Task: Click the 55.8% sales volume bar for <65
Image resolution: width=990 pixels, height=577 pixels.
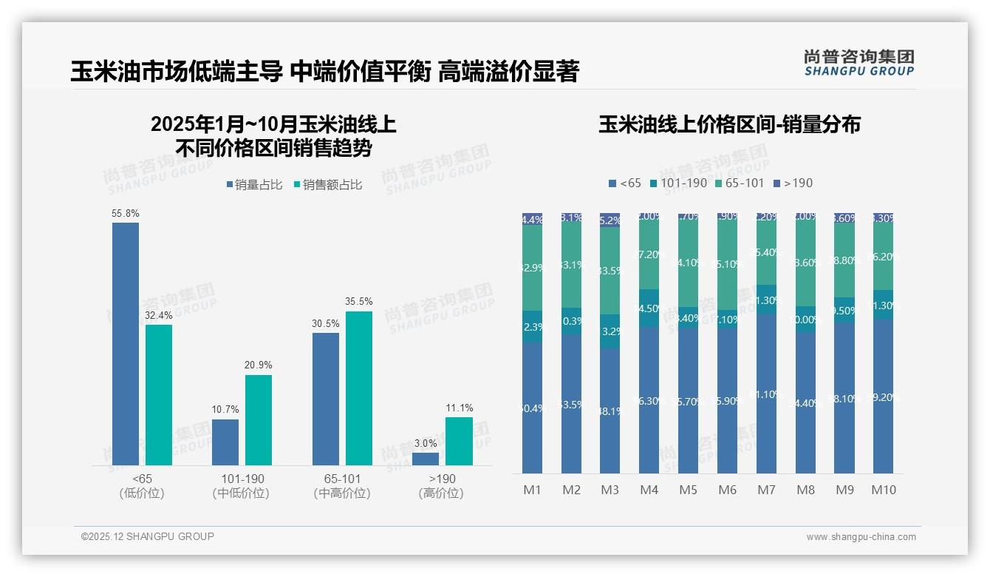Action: (x=126, y=343)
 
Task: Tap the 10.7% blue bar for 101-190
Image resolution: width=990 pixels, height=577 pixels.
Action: (x=225, y=442)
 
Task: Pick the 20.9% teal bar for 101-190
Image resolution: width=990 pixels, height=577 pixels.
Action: (x=259, y=419)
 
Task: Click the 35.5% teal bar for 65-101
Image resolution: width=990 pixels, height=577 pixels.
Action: (x=359, y=388)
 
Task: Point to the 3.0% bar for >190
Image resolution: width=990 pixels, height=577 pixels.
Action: (x=426, y=459)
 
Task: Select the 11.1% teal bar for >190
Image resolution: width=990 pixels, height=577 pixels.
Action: (x=459, y=441)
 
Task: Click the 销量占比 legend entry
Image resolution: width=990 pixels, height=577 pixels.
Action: (x=254, y=185)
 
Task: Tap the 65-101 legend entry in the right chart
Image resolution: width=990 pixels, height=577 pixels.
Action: (x=739, y=183)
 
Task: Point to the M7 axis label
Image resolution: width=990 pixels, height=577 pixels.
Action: (x=767, y=490)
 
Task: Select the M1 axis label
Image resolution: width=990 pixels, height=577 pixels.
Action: (x=533, y=490)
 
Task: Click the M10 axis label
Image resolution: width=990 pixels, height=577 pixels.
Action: (x=883, y=490)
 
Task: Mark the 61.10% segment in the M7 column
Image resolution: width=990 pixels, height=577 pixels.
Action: (x=767, y=394)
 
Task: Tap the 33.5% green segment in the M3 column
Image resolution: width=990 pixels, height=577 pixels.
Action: (x=610, y=271)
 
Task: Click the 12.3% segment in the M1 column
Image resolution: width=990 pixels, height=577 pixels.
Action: (x=533, y=326)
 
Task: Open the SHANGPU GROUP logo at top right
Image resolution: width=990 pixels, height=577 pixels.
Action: (x=858, y=63)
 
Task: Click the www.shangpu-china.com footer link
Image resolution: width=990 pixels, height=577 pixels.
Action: (x=861, y=537)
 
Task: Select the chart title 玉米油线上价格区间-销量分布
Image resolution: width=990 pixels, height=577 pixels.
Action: (x=730, y=124)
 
